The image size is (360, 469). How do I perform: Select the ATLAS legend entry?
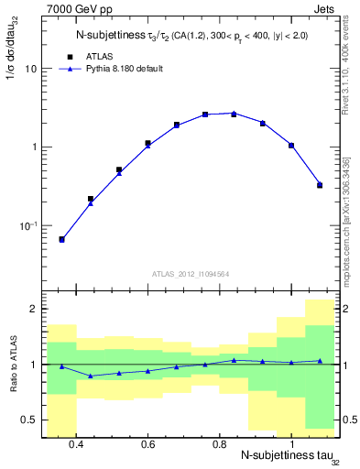tap(96, 55)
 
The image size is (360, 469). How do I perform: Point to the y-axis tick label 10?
tap(30, 69)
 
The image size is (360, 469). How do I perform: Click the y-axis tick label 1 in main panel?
tap(33, 147)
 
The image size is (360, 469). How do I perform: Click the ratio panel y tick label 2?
tap(33, 310)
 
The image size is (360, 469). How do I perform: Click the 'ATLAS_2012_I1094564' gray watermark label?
tap(190, 273)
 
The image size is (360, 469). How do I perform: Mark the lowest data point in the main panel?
tap(61, 239)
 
